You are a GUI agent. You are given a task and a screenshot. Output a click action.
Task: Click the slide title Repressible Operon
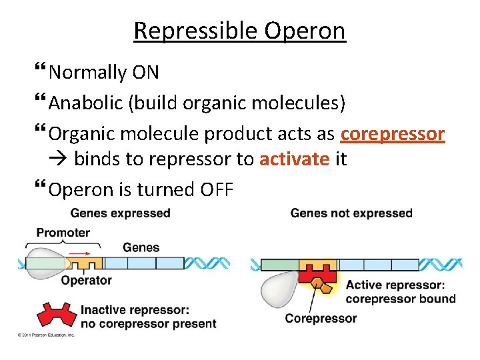pyautogui.click(x=239, y=31)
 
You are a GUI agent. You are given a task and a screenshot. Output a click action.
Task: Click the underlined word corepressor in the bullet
pyautogui.click(x=392, y=134)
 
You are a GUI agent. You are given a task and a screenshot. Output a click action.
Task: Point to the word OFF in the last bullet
pyautogui.click(x=217, y=190)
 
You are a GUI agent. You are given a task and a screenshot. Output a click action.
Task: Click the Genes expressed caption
pyautogui.click(x=120, y=213)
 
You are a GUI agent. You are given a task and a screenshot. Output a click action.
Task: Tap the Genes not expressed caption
pyautogui.click(x=351, y=213)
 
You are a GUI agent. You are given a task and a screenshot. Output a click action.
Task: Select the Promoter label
pyautogui.click(x=63, y=233)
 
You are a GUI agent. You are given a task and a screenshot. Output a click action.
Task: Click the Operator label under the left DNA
pyautogui.click(x=86, y=281)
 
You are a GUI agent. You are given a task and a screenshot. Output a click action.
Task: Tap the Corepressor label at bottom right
pyautogui.click(x=321, y=318)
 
